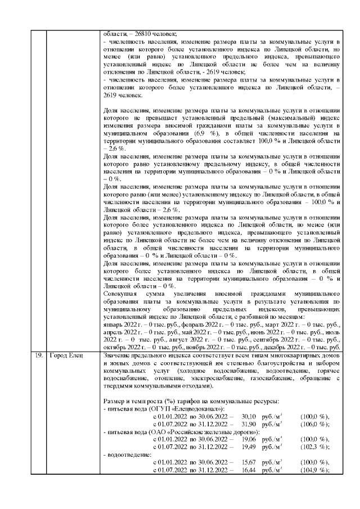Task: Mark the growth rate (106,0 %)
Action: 315,424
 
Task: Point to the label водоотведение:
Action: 130,454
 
